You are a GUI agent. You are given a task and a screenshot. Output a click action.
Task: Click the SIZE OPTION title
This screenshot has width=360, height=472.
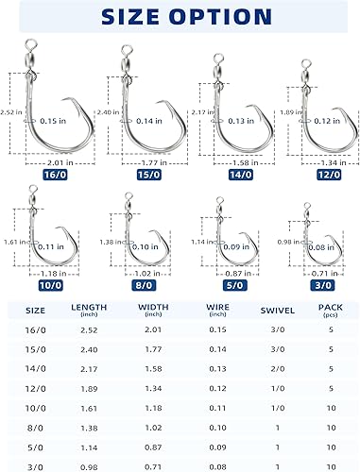(x=180, y=16)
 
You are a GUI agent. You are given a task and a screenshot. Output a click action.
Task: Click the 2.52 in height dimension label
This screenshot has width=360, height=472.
(x=9, y=111)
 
